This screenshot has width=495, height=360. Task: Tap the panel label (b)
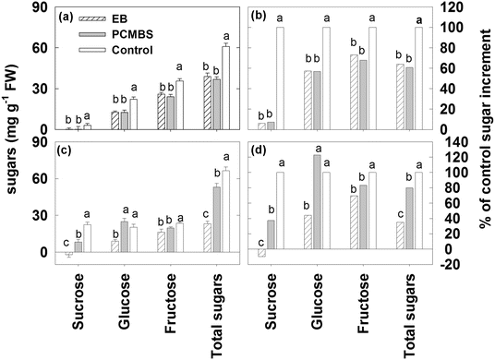point(263,16)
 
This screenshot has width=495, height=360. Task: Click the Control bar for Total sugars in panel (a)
point(225,89)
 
